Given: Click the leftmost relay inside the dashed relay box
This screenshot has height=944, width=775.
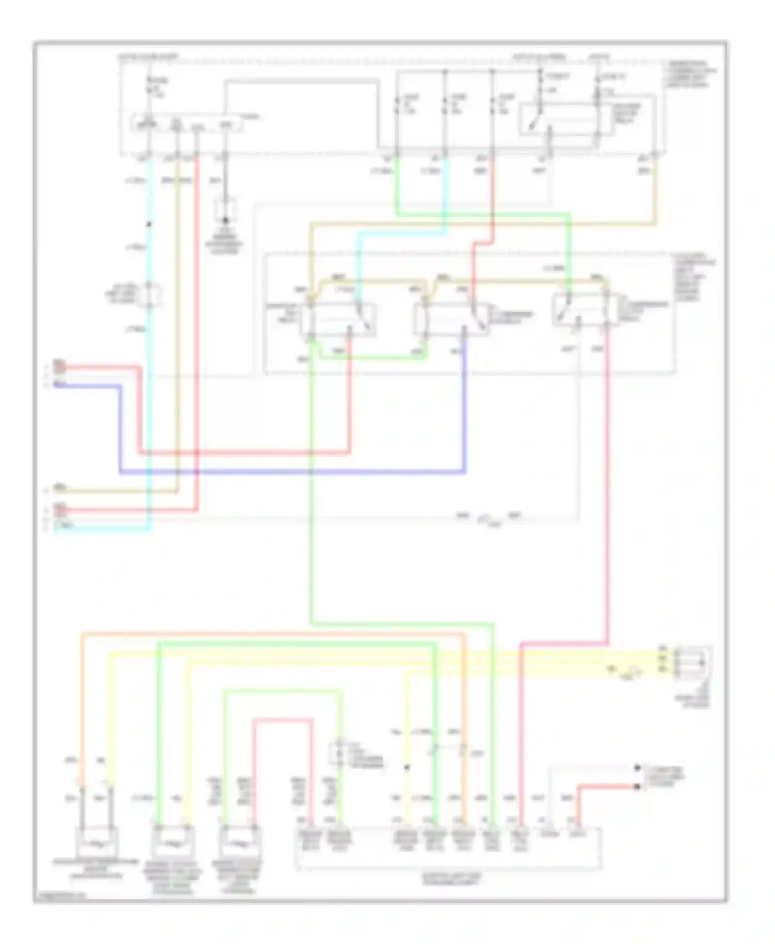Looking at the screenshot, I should pos(338,319).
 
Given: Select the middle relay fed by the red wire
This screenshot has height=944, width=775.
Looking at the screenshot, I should pos(451,319).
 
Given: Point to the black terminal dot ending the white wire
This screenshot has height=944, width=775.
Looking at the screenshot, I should pos(637,768).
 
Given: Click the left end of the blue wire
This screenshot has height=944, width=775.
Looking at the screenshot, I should pos(56,385).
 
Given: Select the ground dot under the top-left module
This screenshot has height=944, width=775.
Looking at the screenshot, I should pos(225,221).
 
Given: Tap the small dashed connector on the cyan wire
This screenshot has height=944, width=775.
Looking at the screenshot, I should pos(150,293).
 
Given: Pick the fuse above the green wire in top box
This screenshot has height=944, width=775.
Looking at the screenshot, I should pos(397,105).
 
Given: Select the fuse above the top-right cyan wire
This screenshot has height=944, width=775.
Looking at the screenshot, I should pos(445,105).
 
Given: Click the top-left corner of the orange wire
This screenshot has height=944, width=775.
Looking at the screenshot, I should pos(82,633).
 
